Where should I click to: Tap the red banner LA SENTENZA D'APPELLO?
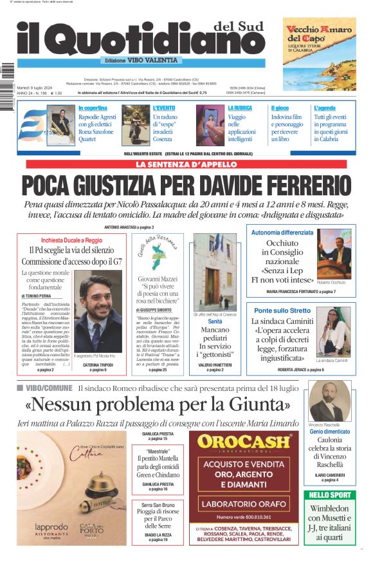coord(186,164)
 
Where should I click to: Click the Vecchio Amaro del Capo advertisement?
coord(319,53)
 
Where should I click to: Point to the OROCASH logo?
coord(244,443)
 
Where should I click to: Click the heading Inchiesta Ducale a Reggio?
coord(66,239)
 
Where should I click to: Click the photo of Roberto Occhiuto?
coord(334,254)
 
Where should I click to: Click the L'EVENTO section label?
coord(163,108)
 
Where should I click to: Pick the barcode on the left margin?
coord(8,79)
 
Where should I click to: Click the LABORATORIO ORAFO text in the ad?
coord(243,504)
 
